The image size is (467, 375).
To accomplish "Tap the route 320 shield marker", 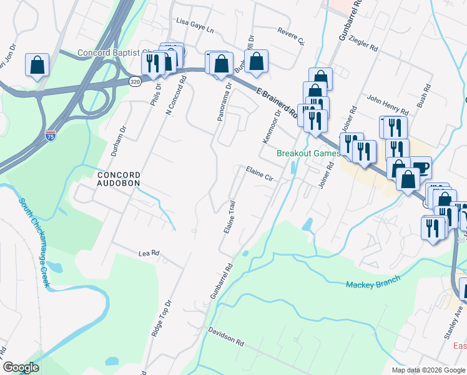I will pyautogui.click(x=135, y=81).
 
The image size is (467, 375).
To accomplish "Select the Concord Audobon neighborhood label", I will pyautogui.click(x=117, y=179).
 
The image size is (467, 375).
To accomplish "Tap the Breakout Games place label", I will pyautogui.click(x=308, y=153).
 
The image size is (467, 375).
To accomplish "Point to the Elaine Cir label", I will pyautogui.click(x=260, y=174).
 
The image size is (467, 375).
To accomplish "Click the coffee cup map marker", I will pyautogui.click(x=421, y=166).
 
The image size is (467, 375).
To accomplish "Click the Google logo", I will pyautogui.click(x=21, y=367).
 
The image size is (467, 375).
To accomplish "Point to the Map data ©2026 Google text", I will pyautogui.click(x=428, y=370).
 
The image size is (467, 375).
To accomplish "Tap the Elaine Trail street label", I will pyautogui.click(x=230, y=217).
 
